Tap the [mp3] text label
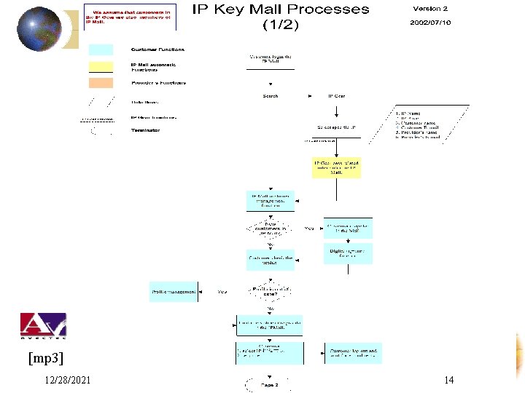tap(46, 358)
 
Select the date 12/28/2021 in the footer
tap(67, 381)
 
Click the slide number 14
tap(448, 381)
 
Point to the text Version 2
tap(430, 9)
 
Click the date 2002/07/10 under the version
tap(430, 23)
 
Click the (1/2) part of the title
tap(280, 25)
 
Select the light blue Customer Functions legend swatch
tap(101, 49)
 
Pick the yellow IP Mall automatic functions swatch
tap(101, 67)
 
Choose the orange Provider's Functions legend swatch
tap(101, 83)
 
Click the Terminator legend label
tap(146, 130)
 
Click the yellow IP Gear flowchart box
tap(336, 168)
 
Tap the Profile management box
tap(174, 292)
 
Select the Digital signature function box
tap(348, 253)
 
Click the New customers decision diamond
tap(271, 229)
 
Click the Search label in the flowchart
tap(270, 96)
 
